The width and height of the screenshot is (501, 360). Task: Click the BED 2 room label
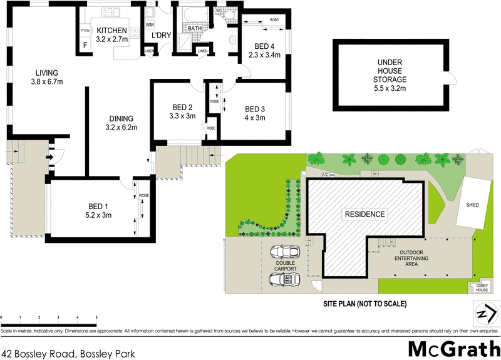182,111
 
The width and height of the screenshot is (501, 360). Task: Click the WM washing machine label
150,24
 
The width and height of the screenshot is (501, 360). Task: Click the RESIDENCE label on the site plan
364,214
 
